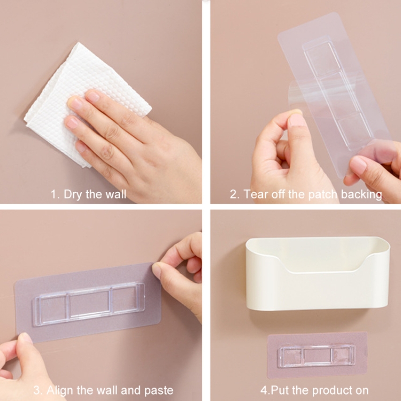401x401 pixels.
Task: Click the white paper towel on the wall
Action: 76,97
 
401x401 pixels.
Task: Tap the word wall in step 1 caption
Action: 116,194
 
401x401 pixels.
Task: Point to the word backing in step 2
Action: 361,195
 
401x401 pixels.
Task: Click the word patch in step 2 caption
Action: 323,195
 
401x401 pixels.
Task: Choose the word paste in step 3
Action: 159,391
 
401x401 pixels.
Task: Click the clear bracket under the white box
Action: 317,356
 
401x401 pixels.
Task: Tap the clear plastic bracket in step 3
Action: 88,304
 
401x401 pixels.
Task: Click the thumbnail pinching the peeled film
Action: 297,119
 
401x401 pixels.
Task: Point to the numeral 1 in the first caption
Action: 53,195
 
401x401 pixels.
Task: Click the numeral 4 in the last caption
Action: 264,391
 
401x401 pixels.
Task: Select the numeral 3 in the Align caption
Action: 37,391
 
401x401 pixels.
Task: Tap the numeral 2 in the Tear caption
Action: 233,195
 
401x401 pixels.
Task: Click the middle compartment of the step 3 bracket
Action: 90,304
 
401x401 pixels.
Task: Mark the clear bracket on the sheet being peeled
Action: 337,94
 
